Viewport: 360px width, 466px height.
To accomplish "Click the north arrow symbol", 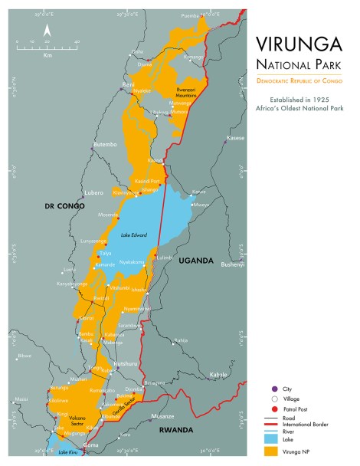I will (x=47, y=31).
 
